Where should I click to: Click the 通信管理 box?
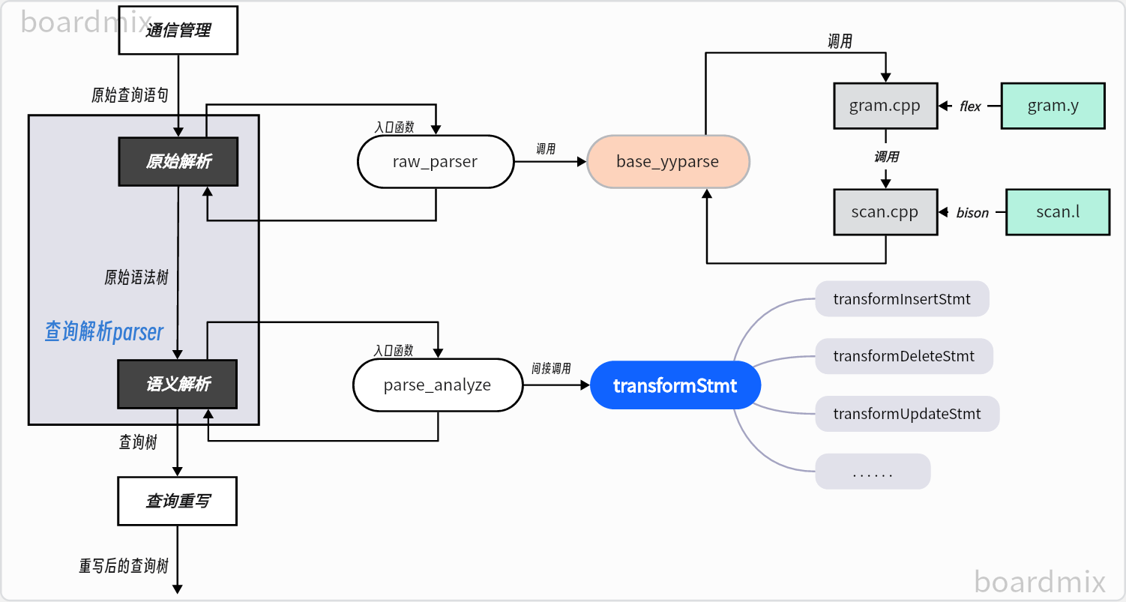[x=178, y=31]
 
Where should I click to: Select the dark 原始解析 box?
[x=178, y=161]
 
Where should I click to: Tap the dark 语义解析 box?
[x=178, y=385]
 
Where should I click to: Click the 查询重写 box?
[x=178, y=501]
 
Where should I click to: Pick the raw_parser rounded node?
[x=435, y=161]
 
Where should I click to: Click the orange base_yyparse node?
[x=667, y=161]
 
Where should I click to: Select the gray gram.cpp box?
[x=885, y=106]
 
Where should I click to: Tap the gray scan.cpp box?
[x=885, y=212]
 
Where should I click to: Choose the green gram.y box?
[x=1053, y=106]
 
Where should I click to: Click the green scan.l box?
[x=1057, y=212]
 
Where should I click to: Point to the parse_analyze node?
[x=437, y=385]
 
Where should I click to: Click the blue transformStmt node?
[x=675, y=386]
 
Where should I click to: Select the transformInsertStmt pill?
[x=902, y=299]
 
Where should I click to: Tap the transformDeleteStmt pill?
[x=903, y=356]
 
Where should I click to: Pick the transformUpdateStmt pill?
[x=906, y=414]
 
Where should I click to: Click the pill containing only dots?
[x=873, y=472]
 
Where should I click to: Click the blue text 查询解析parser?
[x=104, y=331]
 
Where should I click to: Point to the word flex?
[x=970, y=106]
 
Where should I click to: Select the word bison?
[x=972, y=213]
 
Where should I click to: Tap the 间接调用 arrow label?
[x=551, y=368]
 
